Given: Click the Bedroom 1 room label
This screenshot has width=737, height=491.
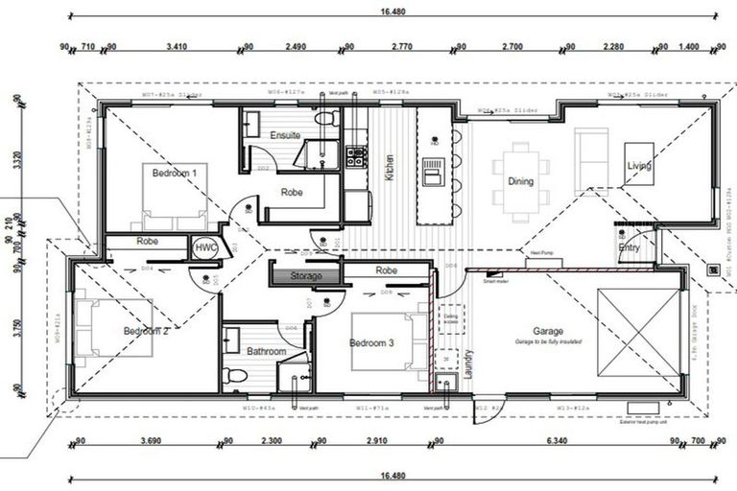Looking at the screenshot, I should [x=174, y=173].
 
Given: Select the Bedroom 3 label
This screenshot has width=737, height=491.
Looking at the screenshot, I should [x=372, y=343].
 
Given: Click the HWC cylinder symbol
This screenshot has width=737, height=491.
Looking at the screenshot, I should [x=205, y=247].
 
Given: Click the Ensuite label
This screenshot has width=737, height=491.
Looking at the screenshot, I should [x=286, y=135].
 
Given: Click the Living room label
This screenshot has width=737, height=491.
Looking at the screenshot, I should [x=639, y=167].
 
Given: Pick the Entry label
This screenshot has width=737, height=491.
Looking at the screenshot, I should [x=630, y=247].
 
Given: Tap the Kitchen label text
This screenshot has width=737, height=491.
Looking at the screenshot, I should [x=390, y=167].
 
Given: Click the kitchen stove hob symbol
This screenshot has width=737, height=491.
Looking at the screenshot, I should [x=356, y=155].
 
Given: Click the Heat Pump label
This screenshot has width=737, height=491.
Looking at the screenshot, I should [x=542, y=254].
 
